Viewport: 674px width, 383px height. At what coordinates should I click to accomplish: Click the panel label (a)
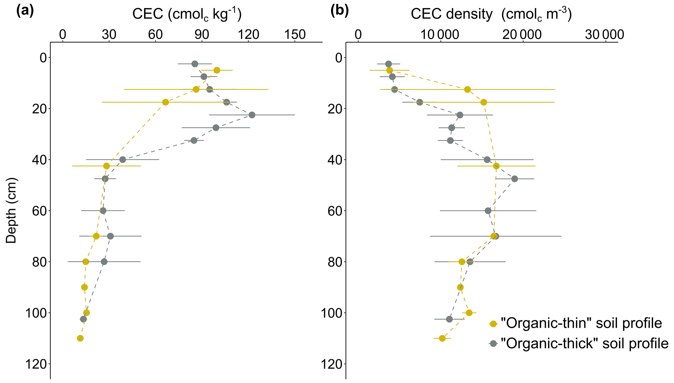(x=25, y=12)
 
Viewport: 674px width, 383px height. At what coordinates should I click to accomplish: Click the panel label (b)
(x=339, y=12)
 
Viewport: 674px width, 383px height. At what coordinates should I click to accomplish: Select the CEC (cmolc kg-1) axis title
(x=187, y=15)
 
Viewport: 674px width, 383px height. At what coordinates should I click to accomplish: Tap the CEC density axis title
(x=491, y=15)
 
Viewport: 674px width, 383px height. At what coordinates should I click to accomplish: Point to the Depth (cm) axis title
(x=11, y=210)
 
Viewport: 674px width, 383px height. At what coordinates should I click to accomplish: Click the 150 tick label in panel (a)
(x=294, y=35)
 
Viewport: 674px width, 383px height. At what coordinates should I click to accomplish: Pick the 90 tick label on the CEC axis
(x=202, y=35)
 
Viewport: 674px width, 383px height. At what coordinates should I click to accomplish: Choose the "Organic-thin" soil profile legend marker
(x=493, y=324)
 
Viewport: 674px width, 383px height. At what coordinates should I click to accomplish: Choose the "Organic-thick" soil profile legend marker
(x=493, y=344)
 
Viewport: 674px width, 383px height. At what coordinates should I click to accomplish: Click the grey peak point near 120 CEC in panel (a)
(x=252, y=115)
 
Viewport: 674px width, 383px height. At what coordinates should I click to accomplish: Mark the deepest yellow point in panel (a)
(x=80, y=338)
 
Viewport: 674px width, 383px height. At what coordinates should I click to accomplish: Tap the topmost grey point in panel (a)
(x=195, y=64)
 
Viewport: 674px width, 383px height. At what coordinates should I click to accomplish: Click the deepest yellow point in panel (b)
(x=442, y=338)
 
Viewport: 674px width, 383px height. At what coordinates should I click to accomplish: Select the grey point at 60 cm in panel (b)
(x=488, y=211)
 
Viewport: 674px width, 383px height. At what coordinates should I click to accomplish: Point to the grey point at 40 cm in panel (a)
(x=123, y=160)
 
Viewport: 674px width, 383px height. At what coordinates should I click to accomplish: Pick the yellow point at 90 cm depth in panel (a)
(x=84, y=287)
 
